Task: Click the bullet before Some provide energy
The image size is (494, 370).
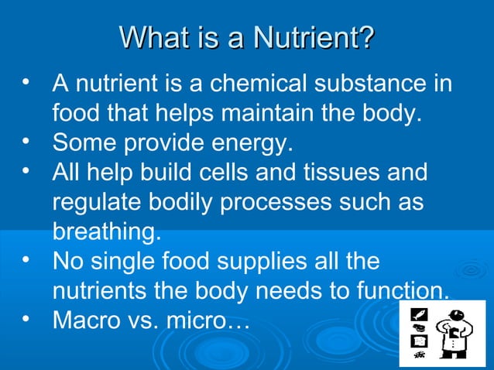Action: pos(26,142)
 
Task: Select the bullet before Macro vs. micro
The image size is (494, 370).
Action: pos(26,317)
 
